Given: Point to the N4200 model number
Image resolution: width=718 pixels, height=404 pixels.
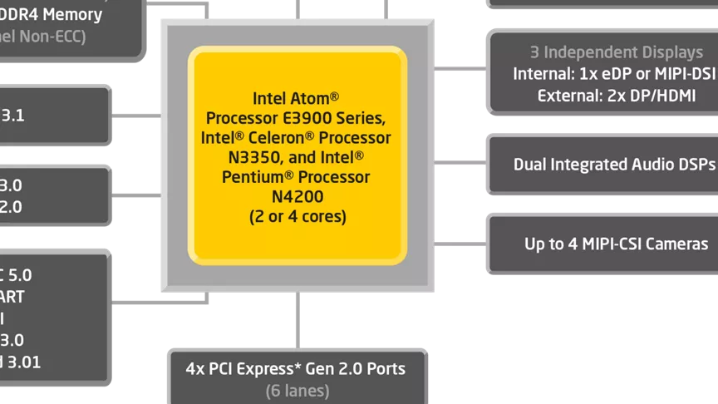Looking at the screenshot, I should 298,197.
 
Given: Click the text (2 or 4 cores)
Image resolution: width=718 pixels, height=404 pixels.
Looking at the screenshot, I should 298,217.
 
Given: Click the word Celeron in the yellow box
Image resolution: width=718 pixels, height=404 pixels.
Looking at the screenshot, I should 284,137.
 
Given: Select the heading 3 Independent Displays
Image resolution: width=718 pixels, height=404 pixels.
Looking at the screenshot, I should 616,52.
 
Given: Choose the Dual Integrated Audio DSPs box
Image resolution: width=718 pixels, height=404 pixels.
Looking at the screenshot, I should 613,164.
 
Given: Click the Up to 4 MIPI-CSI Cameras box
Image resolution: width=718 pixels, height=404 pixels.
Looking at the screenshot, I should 616,244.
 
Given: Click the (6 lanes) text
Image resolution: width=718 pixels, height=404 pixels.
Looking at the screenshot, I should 298,389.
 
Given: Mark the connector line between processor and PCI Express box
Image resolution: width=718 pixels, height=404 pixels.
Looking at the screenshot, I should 297,320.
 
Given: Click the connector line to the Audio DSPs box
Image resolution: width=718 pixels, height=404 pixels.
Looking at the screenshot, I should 460,163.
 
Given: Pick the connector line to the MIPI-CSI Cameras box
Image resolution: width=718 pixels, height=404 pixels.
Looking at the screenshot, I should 460,244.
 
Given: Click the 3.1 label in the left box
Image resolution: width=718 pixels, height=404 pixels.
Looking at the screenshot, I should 12,116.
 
